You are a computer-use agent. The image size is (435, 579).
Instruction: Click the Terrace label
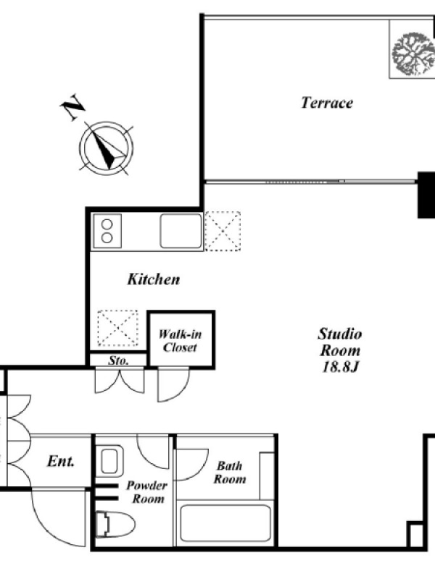point(327,103)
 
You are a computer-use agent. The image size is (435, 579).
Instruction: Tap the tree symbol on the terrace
point(413,54)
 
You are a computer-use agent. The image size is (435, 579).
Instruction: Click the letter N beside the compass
point(72,106)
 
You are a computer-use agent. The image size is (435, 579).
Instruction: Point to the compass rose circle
point(106,148)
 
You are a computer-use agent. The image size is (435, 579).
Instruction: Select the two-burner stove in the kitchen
point(107,231)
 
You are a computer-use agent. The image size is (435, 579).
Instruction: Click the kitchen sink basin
point(181,231)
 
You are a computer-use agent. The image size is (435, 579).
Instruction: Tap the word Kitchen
point(154,279)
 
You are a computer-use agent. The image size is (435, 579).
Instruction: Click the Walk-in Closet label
point(180,341)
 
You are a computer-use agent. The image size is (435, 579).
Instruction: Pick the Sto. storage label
point(118,360)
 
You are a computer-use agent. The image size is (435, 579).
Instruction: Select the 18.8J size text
point(340,367)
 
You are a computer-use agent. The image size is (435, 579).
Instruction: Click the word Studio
point(340,334)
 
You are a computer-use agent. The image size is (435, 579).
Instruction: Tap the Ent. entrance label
point(61,461)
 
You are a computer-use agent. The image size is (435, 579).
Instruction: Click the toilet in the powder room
point(115,524)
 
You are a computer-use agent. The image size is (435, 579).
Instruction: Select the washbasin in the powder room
point(112,460)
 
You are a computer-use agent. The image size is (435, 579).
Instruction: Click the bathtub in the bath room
point(225,523)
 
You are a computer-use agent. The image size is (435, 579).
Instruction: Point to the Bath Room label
point(230,473)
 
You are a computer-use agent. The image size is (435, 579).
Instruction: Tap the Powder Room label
point(147,492)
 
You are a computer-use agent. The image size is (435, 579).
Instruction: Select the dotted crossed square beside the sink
point(223,231)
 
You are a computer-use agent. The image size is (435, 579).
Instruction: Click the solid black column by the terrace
point(426,195)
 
